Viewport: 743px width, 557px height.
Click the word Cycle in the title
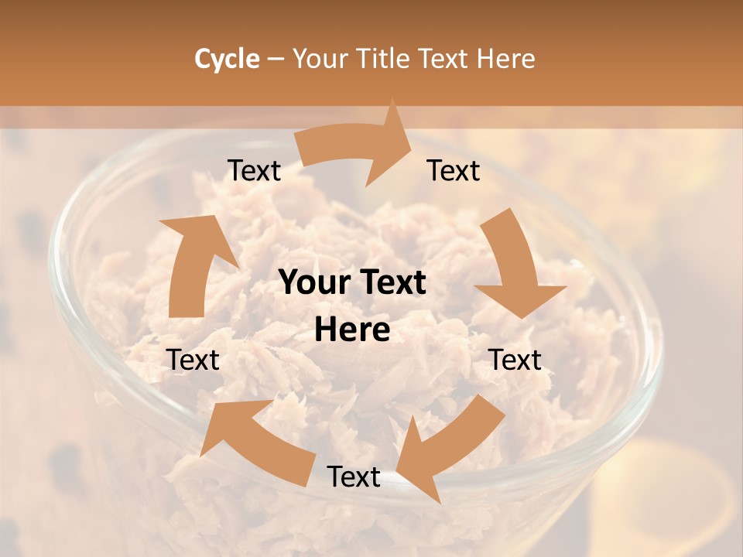pyautogui.click(x=227, y=59)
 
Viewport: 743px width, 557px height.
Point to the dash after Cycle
pyautogui.click(x=276, y=60)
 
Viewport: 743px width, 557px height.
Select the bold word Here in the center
pyautogui.click(x=352, y=330)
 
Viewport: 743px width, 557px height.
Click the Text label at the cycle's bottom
pyautogui.click(x=354, y=477)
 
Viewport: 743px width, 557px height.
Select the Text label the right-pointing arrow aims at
pyautogui.click(x=454, y=171)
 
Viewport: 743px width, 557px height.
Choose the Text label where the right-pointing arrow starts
pyautogui.click(x=255, y=171)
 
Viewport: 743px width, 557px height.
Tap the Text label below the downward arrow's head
pyautogui.click(x=515, y=360)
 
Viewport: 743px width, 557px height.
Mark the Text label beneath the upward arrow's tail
pyautogui.click(x=193, y=360)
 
